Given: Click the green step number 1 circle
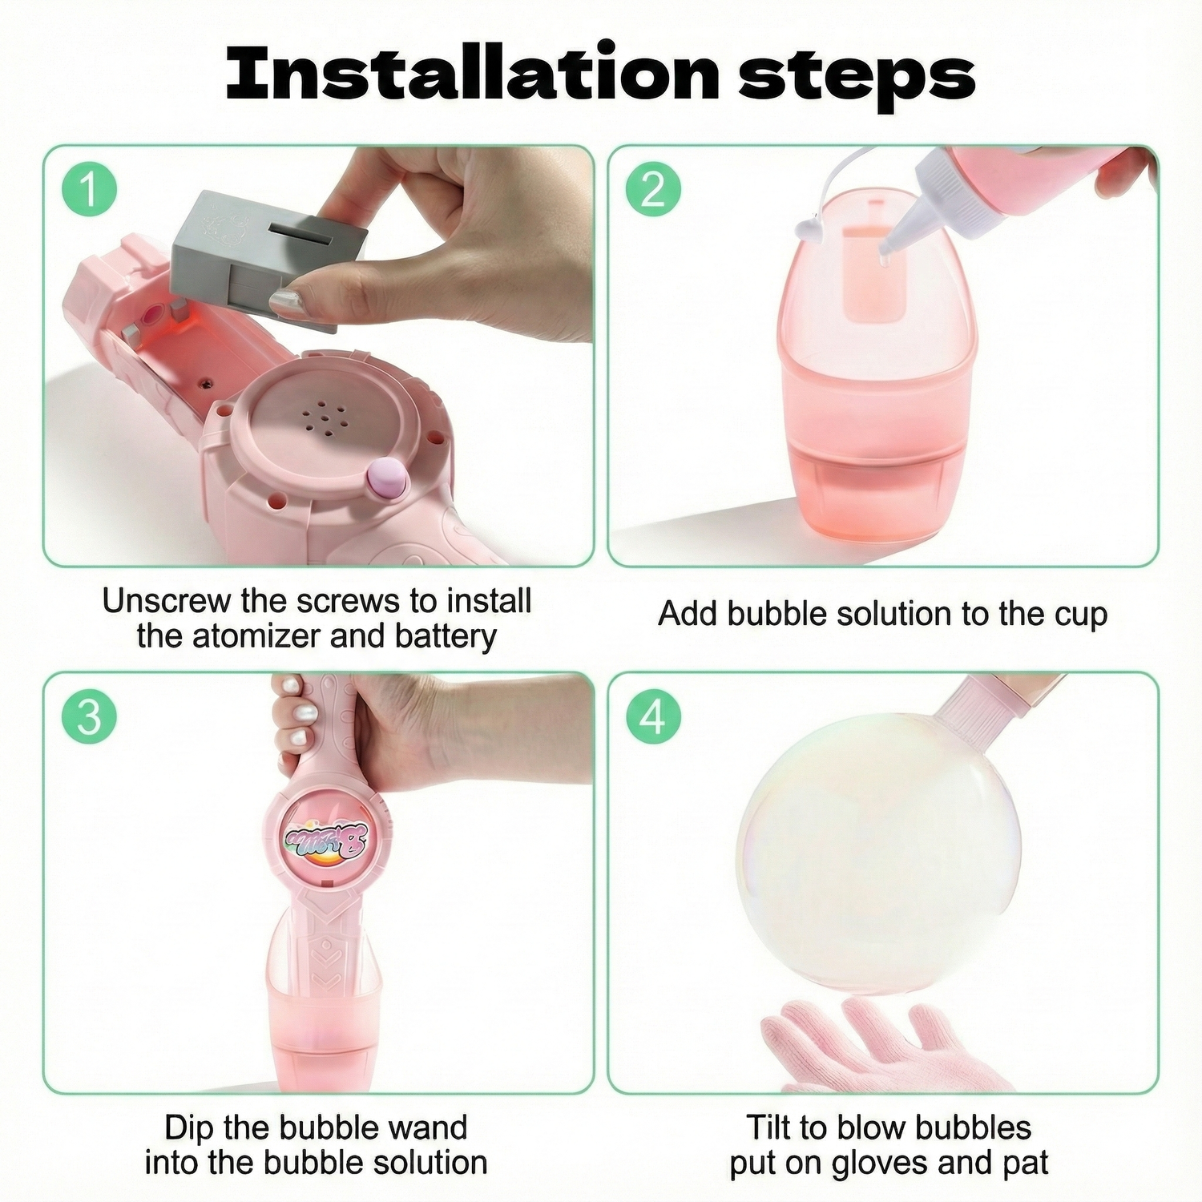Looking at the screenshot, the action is [90, 191].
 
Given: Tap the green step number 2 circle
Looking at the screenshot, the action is [653, 191].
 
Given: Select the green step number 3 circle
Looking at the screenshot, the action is [90, 716].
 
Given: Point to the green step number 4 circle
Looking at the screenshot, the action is [653, 716].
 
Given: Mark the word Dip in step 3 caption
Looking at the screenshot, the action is [189, 1128].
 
